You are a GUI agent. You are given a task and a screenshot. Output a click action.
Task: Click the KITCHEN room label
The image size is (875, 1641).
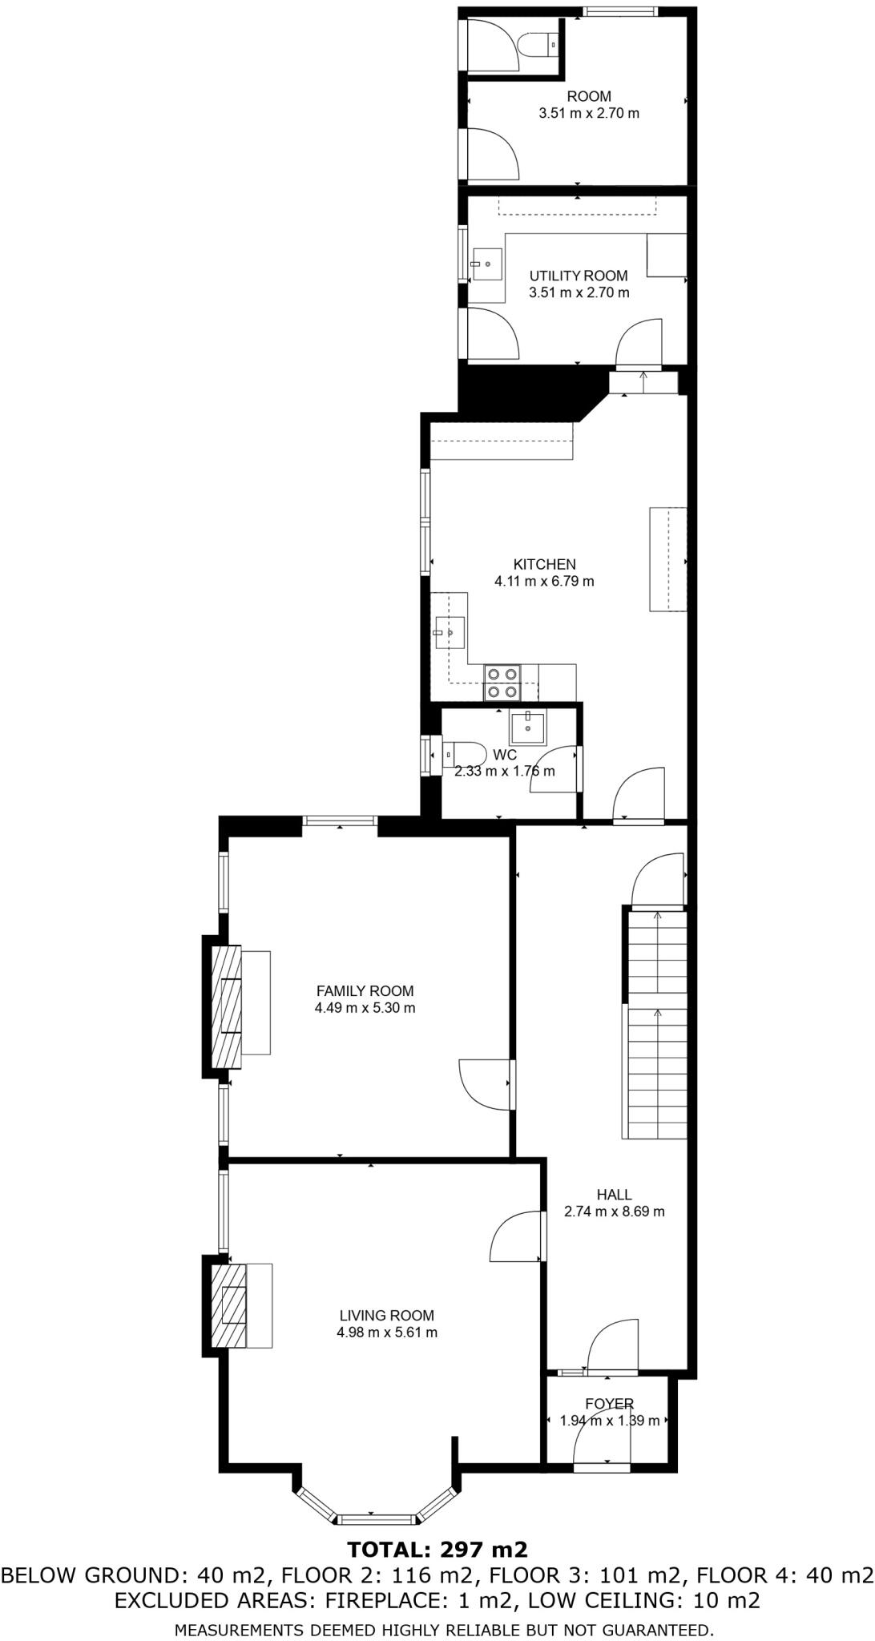[x=544, y=564]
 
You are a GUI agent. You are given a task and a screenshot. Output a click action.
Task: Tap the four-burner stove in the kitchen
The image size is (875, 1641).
[x=502, y=683]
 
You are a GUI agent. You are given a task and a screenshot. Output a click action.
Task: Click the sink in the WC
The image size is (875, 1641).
[x=528, y=727]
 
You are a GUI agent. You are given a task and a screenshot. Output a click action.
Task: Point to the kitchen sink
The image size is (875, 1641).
[x=450, y=633]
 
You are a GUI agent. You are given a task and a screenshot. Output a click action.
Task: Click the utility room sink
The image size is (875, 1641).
[x=487, y=264]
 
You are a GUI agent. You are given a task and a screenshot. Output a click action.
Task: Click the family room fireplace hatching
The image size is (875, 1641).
[x=226, y=1007]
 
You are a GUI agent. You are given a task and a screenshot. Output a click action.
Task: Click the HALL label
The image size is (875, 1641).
[x=614, y=1195]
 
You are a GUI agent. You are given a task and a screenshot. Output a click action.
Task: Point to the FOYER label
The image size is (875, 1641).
[x=609, y=1404]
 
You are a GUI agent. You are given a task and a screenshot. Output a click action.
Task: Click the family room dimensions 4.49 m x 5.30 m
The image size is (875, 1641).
[x=365, y=1008]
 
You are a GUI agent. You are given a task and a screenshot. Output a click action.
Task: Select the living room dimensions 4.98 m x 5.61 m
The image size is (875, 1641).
[x=387, y=1333]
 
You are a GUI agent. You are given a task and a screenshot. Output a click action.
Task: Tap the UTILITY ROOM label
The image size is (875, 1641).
[x=579, y=276]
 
